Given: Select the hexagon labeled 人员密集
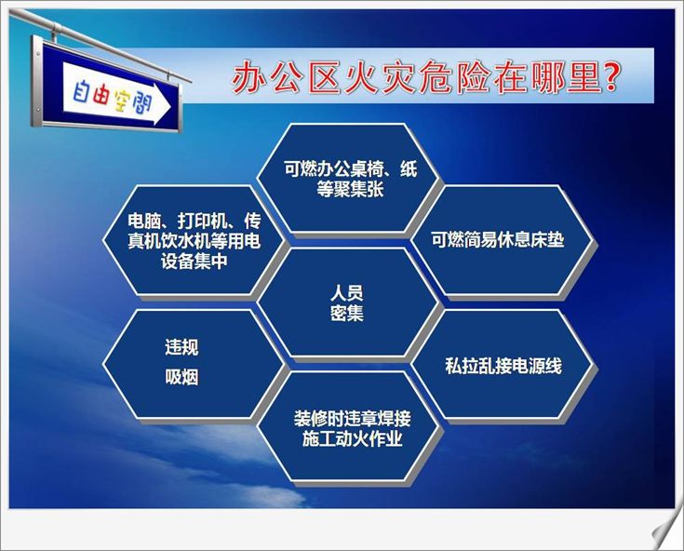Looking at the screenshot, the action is coord(348,302).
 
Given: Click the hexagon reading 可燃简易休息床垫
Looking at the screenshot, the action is coord(502,240).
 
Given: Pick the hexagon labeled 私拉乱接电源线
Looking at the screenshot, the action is coord(503,365).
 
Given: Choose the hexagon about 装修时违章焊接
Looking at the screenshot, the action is coord(348,426).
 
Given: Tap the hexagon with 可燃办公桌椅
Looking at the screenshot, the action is coord(348,178).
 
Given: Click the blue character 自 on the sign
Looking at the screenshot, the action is coord(81,91).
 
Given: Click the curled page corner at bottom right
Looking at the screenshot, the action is coord(666,532).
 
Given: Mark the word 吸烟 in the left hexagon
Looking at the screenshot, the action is coord(181,377).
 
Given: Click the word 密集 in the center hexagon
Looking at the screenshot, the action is coord(347,314).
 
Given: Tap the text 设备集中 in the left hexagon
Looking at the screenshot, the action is coord(194,262).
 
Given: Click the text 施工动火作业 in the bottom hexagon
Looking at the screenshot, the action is coord(352,438).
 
